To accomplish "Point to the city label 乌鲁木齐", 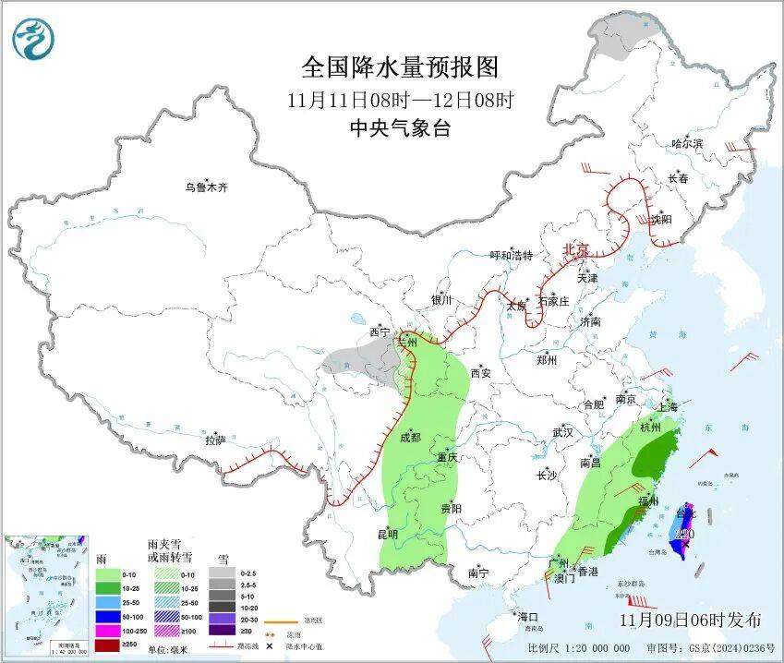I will [x=205, y=187].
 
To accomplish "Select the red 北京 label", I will [x=576, y=249].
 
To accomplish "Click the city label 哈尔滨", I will [x=687, y=144].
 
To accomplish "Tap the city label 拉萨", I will [x=215, y=441].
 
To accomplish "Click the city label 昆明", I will [x=387, y=534].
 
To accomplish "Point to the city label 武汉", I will [x=562, y=432].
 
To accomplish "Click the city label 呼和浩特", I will [x=511, y=256].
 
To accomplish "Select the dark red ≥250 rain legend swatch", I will [x=109, y=644].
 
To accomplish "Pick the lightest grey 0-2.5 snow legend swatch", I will [x=221, y=573].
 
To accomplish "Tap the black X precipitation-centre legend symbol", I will [x=271, y=646].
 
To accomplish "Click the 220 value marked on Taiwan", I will [x=684, y=534].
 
